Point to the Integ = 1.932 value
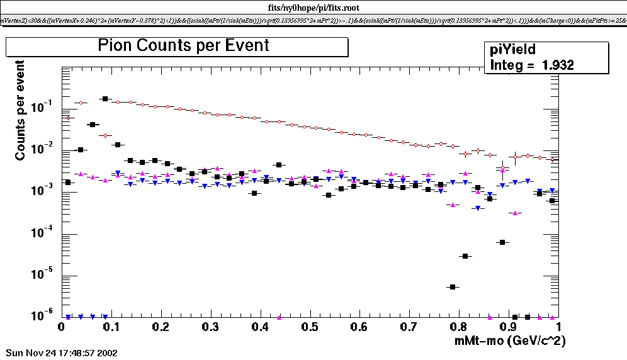point(532,65)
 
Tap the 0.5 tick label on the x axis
point(310,327)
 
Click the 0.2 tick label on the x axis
point(161,327)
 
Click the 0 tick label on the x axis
point(61,327)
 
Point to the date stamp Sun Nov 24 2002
point(61,353)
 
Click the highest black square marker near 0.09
point(105,99)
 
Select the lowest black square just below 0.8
point(452,287)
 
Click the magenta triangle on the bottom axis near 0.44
point(279,317)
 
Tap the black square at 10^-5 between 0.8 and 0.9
point(465,256)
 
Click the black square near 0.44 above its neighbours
point(278,165)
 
